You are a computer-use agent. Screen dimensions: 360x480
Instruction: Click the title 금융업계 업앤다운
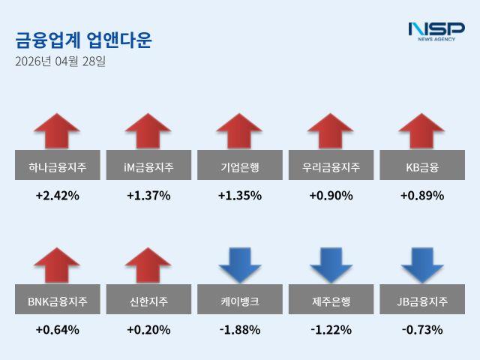click(83, 40)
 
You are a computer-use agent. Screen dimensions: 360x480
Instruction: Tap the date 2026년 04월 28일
click(60, 61)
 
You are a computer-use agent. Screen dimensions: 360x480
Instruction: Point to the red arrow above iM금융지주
click(148, 131)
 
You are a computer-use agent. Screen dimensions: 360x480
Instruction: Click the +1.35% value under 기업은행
click(239, 196)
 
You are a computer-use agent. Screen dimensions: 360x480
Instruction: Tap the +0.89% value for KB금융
click(421, 196)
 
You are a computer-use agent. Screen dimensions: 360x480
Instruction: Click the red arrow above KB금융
click(421, 131)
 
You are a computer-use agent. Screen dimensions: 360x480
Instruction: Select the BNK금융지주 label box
click(57, 301)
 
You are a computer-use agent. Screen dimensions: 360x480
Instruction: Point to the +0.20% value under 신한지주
click(148, 330)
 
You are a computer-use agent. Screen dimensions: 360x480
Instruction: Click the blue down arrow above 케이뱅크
click(239, 265)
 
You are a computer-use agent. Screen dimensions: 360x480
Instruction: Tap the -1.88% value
click(239, 330)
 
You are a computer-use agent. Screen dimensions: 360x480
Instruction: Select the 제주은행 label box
click(331, 301)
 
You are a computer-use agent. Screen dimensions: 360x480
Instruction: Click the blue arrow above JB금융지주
click(421, 265)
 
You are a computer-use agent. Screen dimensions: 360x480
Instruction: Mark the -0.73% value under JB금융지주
click(421, 330)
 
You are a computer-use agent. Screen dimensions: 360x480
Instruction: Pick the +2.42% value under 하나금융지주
click(57, 196)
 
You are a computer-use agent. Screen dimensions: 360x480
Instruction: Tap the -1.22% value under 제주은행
click(331, 330)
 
